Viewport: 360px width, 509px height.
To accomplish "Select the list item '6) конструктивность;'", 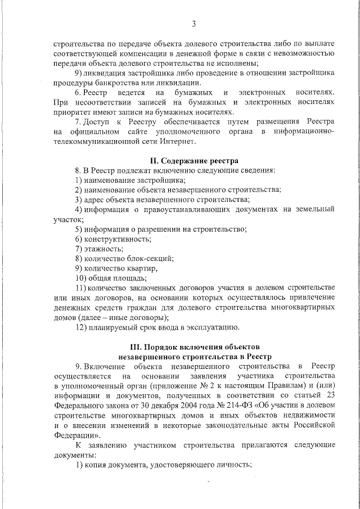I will (112, 238).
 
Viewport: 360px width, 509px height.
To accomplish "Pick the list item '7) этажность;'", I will (99, 249).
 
